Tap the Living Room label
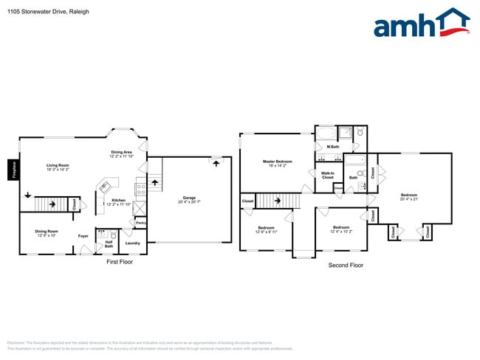pyautogui.click(x=58, y=165)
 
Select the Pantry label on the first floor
pyautogui.click(x=140, y=222)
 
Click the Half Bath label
pyautogui.click(x=109, y=243)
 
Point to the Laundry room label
pyautogui.click(x=133, y=243)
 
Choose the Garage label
pyautogui.click(x=189, y=197)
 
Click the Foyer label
pyautogui.click(x=84, y=236)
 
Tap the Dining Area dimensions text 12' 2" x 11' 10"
pyautogui.click(x=122, y=156)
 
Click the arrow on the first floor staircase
pyautogui.click(x=28, y=195)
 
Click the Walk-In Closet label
pyautogui.click(x=327, y=176)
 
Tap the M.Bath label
pyautogui.click(x=332, y=146)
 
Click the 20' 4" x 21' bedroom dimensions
pyautogui.click(x=409, y=199)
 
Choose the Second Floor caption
pyautogui.click(x=346, y=264)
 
